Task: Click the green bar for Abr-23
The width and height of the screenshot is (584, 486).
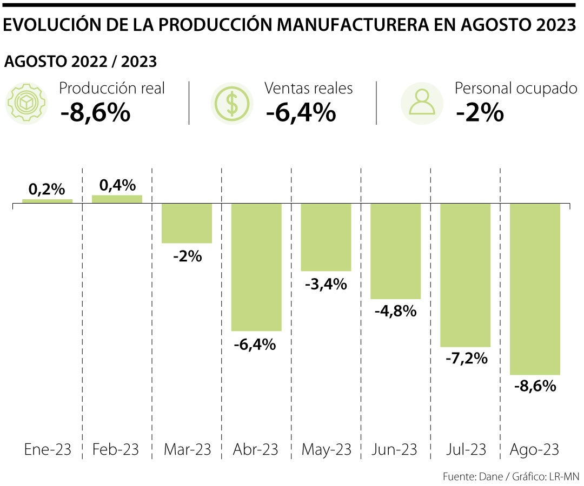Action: pyautogui.click(x=256, y=267)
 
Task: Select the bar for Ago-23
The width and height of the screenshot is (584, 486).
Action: pyautogui.click(x=535, y=289)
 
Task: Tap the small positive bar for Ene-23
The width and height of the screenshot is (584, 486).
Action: pyautogui.click(x=47, y=201)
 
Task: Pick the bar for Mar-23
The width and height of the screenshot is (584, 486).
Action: pyautogui.click(x=187, y=223)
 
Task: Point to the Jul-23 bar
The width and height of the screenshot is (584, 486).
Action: pyautogui.click(x=465, y=275)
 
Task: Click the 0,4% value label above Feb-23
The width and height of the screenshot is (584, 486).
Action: pyautogui.click(x=117, y=185)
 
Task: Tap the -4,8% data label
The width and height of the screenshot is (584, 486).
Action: pyautogui.click(x=395, y=311)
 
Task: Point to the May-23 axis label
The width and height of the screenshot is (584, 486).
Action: pyautogui.click(x=326, y=449)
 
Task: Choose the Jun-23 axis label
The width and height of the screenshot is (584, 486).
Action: pyautogui.click(x=395, y=449)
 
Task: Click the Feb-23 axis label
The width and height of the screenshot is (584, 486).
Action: pyautogui.click(x=116, y=449)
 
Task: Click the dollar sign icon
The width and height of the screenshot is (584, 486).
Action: pyautogui.click(x=231, y=103)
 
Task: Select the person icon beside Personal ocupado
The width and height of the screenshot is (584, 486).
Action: pyautogui.click(x=422, y=103)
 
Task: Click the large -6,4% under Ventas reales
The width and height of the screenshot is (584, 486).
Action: pyautogui.click(x=301, y=113)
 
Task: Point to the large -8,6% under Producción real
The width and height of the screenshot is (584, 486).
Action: pyautogui.click(x=95, y=113)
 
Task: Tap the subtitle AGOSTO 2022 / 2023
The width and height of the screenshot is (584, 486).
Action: pyautogui.click(x=81, y=62)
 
